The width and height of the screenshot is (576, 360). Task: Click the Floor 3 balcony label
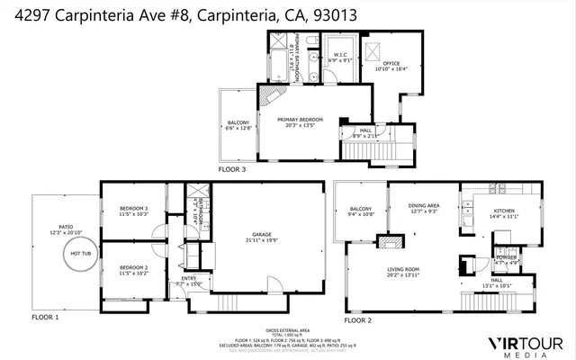(238, 124)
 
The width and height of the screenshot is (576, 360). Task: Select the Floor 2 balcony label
(360, 212)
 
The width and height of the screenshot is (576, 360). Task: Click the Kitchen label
(502, 213)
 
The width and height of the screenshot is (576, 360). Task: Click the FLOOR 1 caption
(45, 318)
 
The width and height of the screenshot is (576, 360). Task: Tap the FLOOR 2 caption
(355, 319)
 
